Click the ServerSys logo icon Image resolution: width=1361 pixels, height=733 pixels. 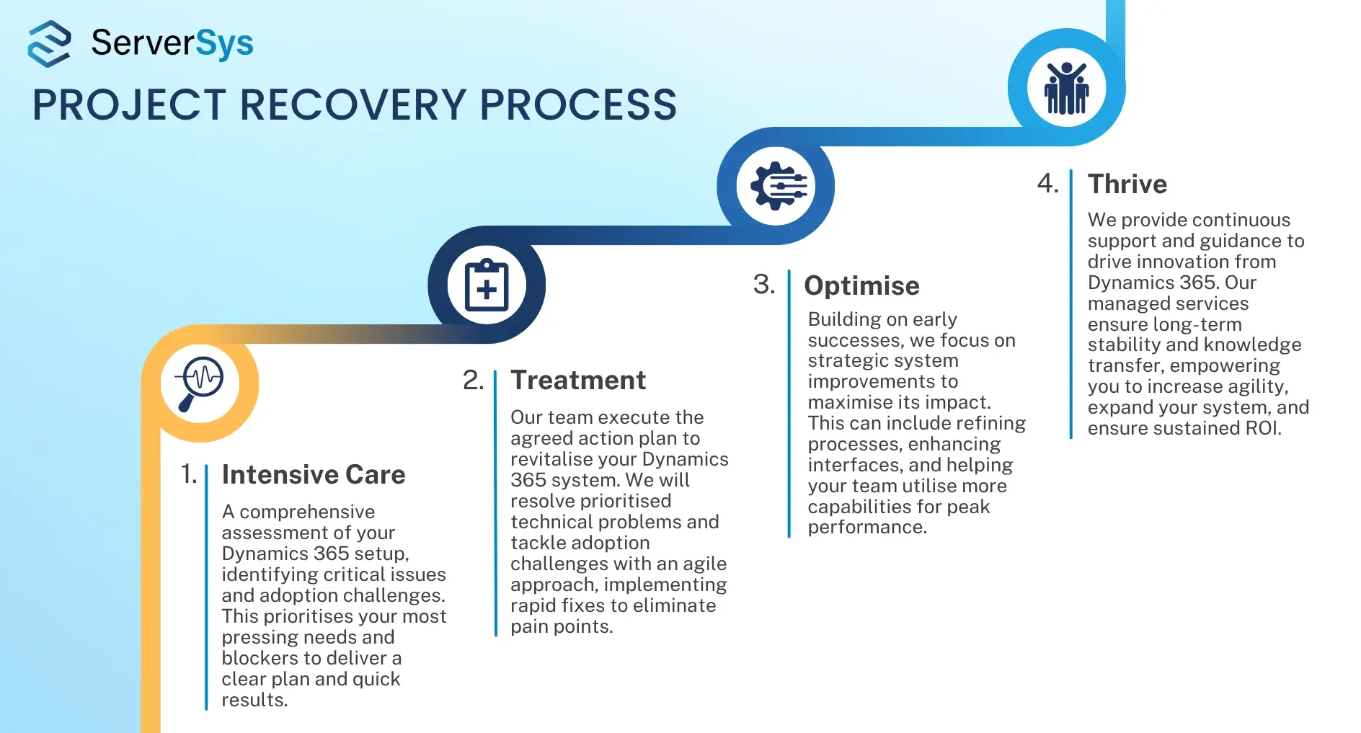(49, 43)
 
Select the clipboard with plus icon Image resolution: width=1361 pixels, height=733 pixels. (487, 285)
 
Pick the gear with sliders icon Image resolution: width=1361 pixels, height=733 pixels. (778, 186)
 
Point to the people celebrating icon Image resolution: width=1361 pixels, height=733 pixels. (1066, 88)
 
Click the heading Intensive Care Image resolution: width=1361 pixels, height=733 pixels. (314, 474)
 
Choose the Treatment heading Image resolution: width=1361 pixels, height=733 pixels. (578, 380)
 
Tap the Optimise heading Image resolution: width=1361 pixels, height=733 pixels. (861, 286)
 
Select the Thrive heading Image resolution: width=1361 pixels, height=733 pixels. (1127, 184)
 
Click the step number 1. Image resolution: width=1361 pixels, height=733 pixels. (188, 474)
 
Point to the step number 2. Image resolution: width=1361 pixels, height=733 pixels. (473, 380)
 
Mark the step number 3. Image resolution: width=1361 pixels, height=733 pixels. (764, 285)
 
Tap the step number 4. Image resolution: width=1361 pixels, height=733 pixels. (1048, 183)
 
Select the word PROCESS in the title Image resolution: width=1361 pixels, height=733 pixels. (578, 105)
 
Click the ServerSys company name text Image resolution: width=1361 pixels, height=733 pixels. (172, 43)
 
